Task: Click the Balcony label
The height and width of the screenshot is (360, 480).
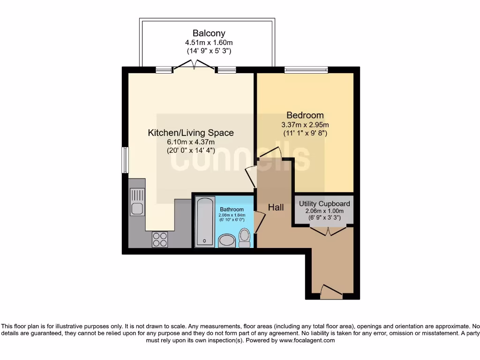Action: (x=209, y=33)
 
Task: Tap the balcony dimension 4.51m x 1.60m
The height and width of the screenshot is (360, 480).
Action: (x=209, y=42)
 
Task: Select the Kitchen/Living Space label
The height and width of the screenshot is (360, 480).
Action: (x=191, y=133)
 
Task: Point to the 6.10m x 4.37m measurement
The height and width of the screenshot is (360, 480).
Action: (x=191, y=142)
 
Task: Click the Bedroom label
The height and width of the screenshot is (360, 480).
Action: (x=305, y=115)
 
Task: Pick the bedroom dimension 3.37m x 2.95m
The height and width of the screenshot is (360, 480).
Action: (x=305, y=125)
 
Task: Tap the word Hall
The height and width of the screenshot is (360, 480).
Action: (x=276, y=207)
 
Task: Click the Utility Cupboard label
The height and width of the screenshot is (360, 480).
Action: (x=324, y=204)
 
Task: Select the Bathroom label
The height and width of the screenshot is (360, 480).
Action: (x=232, y=210)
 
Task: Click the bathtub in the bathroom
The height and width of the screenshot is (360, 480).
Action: (x=205, y=221)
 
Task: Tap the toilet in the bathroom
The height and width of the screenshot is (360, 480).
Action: (x=244, y=238)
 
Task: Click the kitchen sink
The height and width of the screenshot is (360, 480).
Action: (x=137, y=202)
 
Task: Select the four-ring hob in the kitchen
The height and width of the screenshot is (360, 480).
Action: (x=159, y=240)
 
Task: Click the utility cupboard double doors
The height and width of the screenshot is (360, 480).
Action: (x=328, y=230)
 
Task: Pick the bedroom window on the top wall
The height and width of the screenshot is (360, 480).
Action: (x=306, y=70)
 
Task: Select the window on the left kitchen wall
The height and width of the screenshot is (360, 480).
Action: (x=125, y=160)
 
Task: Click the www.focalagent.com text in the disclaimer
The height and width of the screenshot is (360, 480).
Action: (x=307, y=341)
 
